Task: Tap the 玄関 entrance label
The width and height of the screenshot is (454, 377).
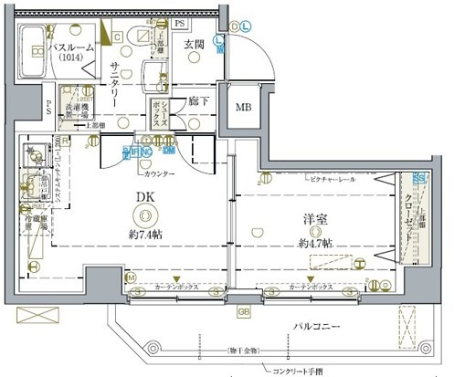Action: [193, 44]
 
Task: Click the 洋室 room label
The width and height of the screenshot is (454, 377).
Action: [316, 221]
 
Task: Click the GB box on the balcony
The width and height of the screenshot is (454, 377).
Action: [243, 312]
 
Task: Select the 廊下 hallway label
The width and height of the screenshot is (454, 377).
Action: [199, 102]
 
